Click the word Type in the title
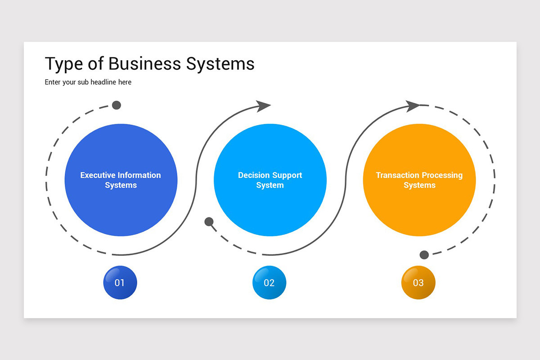click(x=63, y=64)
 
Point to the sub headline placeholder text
click(x=88, y=82)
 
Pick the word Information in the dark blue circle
click(x=139, y=175)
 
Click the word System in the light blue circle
click(x=270, y=185)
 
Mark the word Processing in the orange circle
click(x=443, y=175)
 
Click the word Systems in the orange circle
click(x=419, y=185)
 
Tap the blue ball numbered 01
click(x=120, y=283)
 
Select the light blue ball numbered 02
click(x=269, y=283)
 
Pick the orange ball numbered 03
click(x=418, y=283)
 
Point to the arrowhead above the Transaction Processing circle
click(x=412, y=106)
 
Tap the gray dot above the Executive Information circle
click(x=117, y=105)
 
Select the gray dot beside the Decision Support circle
click(x=209, y=221)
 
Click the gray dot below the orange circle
click(x=424, y=255)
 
